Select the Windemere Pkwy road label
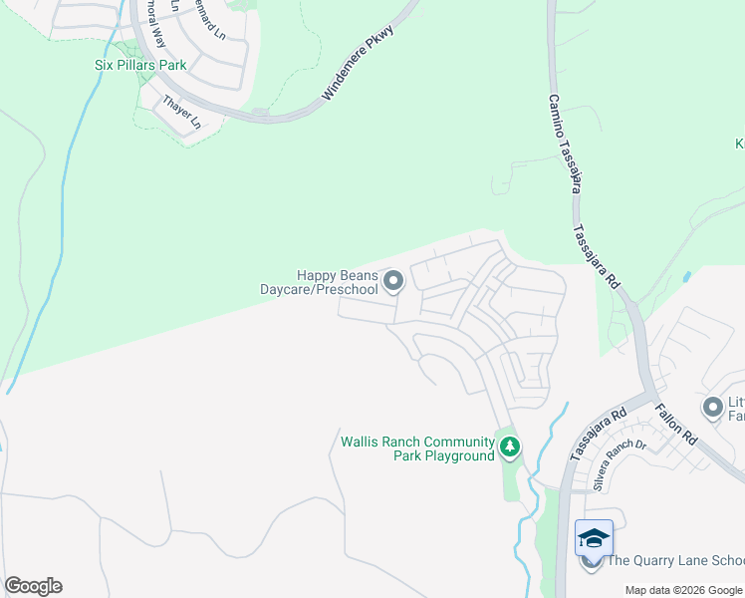359,63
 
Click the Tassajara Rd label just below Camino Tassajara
596,256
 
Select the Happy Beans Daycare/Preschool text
319,282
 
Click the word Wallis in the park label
361,442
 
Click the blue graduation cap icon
594,538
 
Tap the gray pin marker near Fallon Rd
712,407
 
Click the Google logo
33,586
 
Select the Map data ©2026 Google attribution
682,590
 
